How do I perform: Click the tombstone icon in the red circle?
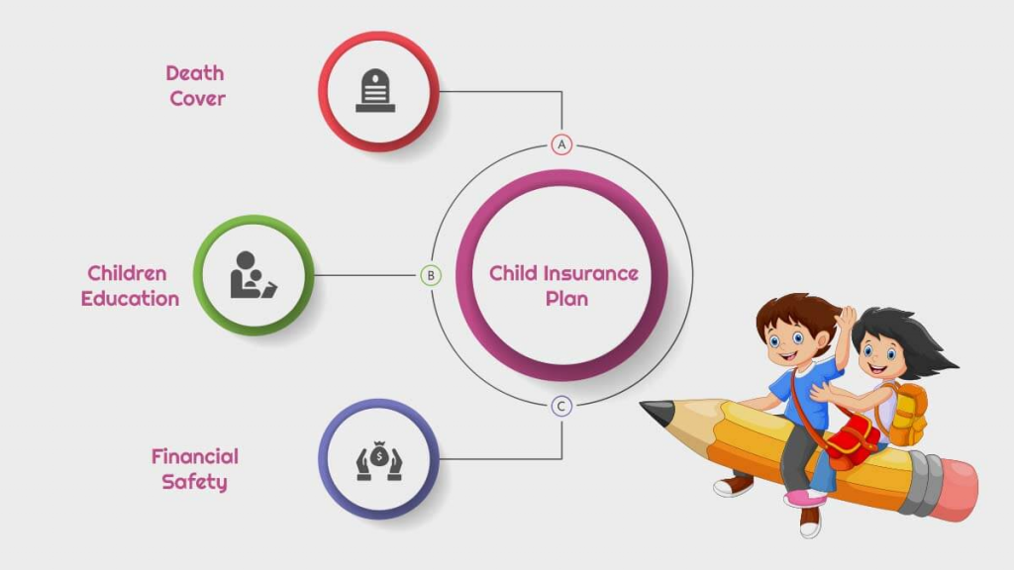tap(376, 91)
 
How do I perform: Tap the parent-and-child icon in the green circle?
tap(253, 275)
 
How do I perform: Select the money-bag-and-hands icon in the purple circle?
tap(379, 459)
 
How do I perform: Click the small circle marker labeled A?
tap(562, 144)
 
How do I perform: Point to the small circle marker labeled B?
tap(431, 275)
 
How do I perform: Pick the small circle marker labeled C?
tap(562, 406)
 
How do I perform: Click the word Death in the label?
tap(195, 73)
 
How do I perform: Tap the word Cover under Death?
tap(197, 99)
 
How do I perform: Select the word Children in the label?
tap(127, 273)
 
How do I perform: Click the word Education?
tap(130, 299)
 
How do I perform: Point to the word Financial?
tap(194, 456)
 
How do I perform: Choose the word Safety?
tap(194, 483)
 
